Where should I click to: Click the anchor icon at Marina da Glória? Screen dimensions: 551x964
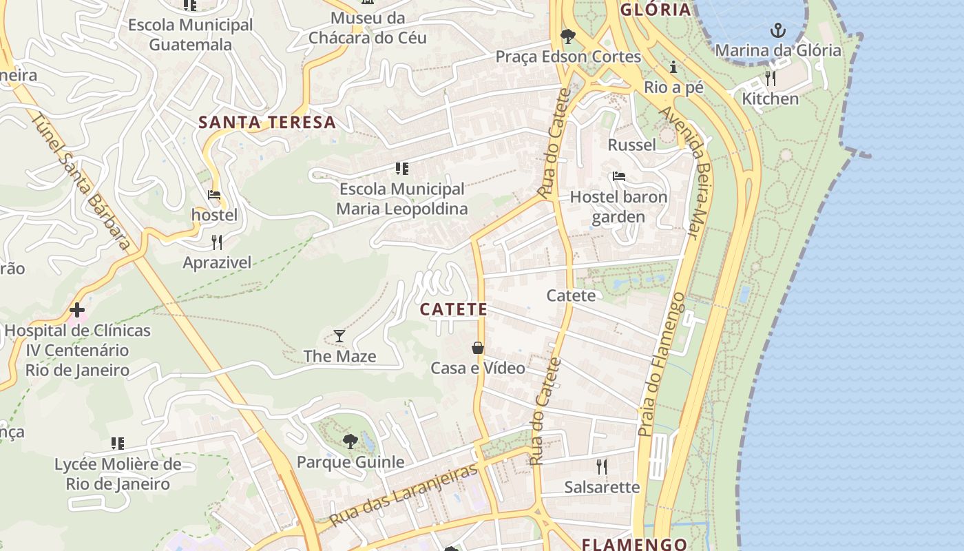click(777, 30)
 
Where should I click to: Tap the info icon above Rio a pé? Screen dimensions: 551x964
click(673, 67)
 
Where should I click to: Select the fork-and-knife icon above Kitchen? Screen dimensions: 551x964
click(771, 78)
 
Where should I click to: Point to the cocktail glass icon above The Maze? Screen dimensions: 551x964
click(339, 336)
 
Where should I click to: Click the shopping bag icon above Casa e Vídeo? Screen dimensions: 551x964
click(478, 348)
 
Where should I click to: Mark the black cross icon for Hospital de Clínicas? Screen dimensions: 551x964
click(77, 310)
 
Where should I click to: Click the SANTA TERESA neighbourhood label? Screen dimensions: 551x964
click(267, 123)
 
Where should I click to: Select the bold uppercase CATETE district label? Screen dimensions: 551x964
click(453, 310)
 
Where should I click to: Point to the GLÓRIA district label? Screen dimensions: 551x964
click(656, 10)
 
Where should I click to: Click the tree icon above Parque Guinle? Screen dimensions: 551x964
click(350, 441)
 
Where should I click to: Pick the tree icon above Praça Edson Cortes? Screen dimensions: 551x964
click(567, 36)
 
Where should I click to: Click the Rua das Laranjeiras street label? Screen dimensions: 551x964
click(403, 495)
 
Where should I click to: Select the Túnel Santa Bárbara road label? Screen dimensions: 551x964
click(82, 181)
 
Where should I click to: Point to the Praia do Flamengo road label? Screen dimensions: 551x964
click(660, 364)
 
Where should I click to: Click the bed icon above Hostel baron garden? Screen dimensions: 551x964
click(618, 177)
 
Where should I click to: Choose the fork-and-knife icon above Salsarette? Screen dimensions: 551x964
click(602, 467)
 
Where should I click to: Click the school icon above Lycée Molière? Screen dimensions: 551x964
click(117, 444)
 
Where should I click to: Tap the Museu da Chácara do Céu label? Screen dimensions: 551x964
click(368, 28)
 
